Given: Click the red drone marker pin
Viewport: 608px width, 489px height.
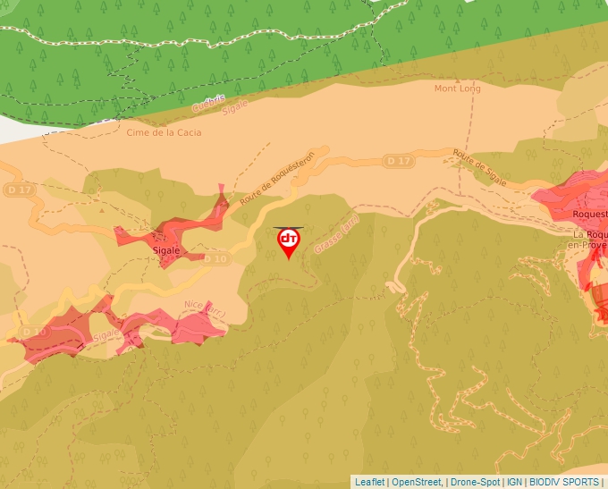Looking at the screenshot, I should point(288,242).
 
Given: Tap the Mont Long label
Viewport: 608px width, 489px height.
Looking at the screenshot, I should point(457,89).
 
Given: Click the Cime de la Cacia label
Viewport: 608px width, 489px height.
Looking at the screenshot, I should point(164,132).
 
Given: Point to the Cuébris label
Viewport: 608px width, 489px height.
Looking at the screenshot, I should point(208,103).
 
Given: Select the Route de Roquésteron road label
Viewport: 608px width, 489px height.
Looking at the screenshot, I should point(278,178).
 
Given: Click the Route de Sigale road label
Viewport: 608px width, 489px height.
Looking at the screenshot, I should point(479,168).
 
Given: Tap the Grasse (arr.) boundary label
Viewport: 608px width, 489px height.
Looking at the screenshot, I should point(336,232).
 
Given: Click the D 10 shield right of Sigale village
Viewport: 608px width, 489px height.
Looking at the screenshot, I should point(216,259).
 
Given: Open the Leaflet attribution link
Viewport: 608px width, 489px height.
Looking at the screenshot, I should point(370,482).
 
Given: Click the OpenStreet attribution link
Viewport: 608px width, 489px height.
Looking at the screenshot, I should point(417,482).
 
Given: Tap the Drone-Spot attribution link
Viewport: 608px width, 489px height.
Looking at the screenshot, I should point(475,482).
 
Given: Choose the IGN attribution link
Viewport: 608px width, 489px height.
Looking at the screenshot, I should point(514,482).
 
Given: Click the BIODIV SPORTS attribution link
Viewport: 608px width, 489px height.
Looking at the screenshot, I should point(564,482).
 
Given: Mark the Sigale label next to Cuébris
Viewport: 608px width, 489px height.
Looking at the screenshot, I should point(234,106).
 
